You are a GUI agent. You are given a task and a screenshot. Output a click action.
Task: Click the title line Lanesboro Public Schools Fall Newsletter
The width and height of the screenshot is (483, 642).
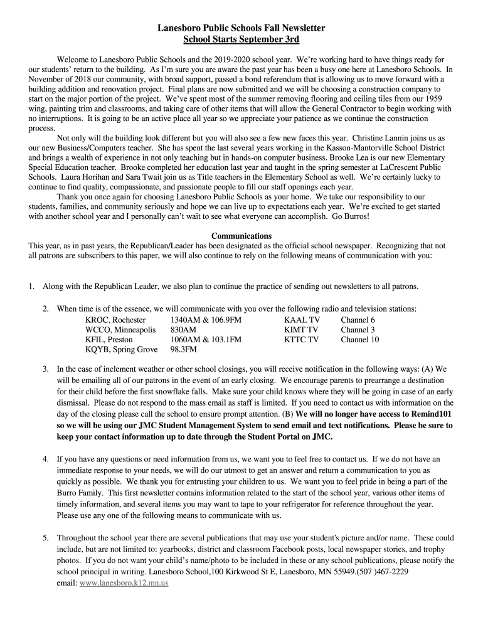[x=241, y=29]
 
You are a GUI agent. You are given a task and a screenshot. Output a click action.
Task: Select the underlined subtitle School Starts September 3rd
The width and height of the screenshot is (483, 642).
[x=241, y=40]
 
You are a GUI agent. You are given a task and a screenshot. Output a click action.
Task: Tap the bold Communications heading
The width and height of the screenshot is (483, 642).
[x=241, y=236]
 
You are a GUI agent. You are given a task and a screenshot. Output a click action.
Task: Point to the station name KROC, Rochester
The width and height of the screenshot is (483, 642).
[x=115, y=320]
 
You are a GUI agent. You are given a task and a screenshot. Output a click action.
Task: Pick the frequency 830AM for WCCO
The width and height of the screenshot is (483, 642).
[x=183, y=330]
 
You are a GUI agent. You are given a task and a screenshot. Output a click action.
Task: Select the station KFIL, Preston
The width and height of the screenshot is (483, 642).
[x=109, y=340]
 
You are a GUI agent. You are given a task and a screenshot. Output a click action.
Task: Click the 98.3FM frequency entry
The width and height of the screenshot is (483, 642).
[x=184, y=350]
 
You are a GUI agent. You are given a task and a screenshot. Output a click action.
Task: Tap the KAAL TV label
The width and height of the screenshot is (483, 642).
[x=302, y=320]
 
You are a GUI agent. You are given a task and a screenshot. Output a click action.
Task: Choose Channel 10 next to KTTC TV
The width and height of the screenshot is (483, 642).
[x=360, y=340]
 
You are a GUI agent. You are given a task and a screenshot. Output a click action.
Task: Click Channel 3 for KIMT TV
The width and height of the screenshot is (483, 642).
[x=358, y=330]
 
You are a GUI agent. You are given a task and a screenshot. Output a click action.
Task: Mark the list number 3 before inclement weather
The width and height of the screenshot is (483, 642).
[x=46, y=369]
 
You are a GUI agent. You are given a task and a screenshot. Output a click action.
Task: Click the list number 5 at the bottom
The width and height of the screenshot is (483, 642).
[x=46, y=538]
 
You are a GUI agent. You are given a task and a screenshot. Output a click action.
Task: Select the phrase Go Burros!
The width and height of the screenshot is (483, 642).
[x=351, y=216]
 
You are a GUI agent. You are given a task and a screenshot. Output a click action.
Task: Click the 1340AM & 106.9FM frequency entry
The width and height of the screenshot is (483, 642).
[x=206, y=320]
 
